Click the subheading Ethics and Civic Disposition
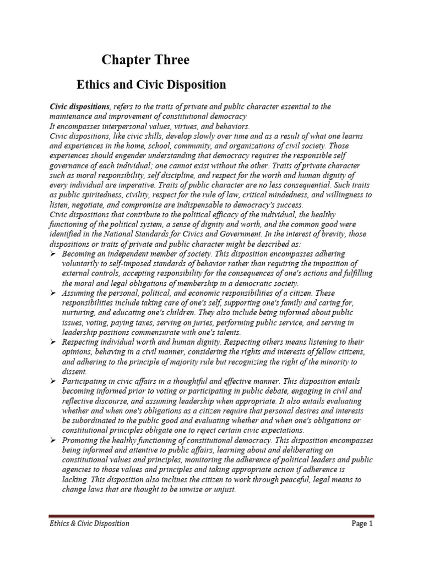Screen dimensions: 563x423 (x=150, y=85)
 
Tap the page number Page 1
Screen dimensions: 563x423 (x=362, y=523)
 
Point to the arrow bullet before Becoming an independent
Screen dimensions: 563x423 (x=52, y=254)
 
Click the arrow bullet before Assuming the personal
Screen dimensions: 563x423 (x=52, y=294)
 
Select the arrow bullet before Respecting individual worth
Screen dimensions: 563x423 (x=52, y=342)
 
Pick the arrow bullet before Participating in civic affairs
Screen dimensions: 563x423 (x=52, y=381)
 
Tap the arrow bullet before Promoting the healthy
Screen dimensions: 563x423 (x=52, y=440)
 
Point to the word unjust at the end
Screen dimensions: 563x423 (x=224, y=489)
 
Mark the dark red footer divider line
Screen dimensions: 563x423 (x=211, y=516)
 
